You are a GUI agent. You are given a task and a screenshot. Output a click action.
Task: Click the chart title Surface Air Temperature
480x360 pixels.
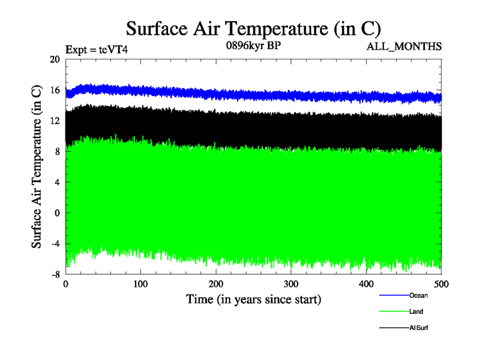coord(253,29)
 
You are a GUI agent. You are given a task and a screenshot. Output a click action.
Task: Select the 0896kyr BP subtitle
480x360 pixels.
coord(252,45)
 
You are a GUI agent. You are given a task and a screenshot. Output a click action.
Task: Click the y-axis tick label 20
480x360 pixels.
coord(55,59)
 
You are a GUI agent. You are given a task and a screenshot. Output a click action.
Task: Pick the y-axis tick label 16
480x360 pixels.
coord(55,91)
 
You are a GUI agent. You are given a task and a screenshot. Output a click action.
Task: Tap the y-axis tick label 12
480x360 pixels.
coord(55,121)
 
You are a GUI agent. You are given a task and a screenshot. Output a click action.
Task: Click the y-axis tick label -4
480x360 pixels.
coord(54,244)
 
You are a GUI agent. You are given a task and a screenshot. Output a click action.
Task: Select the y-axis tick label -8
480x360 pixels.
coord(54,274)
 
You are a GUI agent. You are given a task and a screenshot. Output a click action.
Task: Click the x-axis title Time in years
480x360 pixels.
coord(253,298)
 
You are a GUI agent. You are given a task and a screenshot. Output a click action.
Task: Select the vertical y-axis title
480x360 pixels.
coord(37,167)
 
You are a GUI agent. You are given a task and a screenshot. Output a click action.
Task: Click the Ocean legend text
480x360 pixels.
coord(418,295)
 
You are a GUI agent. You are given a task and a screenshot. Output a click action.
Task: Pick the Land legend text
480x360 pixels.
coord(416,311)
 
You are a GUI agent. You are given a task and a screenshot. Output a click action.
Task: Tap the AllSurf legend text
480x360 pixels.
coord(419,328)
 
